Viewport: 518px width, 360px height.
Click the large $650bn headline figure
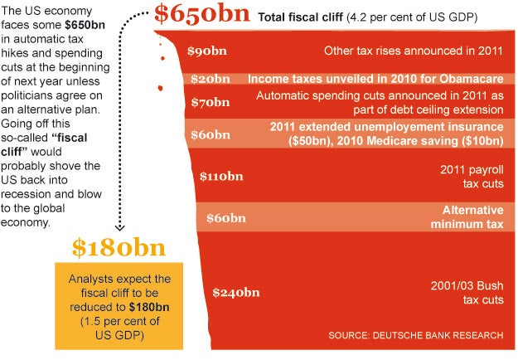(202, 15)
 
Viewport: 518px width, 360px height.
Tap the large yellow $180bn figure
(118, 247)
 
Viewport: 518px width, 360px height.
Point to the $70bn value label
(209, 104)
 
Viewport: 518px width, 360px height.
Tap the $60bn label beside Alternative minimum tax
(227, 218)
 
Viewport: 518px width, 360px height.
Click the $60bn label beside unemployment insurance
(211, 134)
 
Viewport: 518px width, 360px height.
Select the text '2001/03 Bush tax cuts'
(467, 292)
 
